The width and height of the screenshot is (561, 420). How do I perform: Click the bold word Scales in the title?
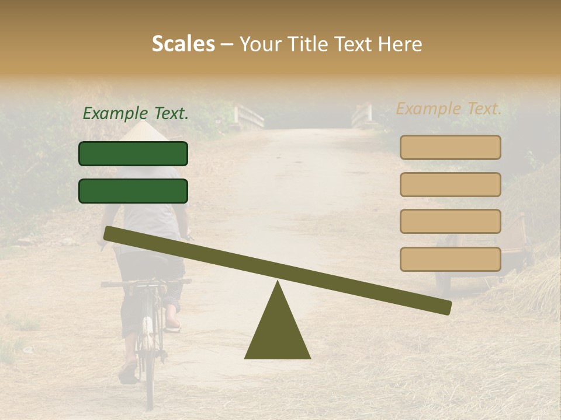point(183,44)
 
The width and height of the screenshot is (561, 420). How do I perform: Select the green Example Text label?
point(136,114)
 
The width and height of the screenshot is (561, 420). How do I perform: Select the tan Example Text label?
point(449,108)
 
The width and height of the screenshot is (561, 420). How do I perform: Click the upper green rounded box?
point(133,153)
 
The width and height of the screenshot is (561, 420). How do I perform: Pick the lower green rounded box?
point(133,191)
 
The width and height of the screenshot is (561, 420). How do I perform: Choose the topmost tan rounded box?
point(450,147)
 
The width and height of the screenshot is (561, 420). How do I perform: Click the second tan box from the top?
point(450,184)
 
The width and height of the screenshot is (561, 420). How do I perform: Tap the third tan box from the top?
point(450,222)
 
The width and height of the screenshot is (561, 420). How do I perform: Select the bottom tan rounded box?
point(450,259)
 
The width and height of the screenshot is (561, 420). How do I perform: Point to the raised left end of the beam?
point(111,234)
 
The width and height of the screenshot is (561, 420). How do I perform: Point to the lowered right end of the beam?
point(444,306)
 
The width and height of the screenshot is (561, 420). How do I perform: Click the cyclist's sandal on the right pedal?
point(173,325)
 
